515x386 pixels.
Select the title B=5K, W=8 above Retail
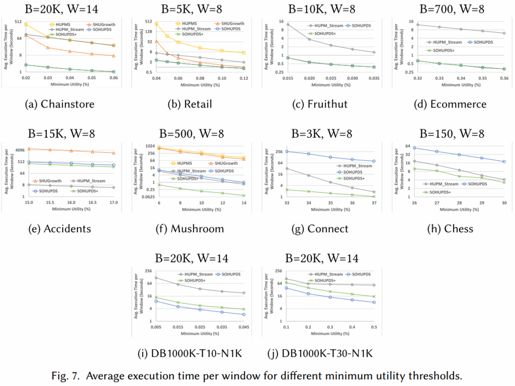190,9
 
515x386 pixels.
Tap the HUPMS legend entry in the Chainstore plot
67,24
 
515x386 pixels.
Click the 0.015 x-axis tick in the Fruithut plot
288,79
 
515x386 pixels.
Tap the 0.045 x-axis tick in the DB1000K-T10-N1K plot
243,328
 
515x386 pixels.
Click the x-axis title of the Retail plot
190,85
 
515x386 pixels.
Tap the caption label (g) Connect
320,229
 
